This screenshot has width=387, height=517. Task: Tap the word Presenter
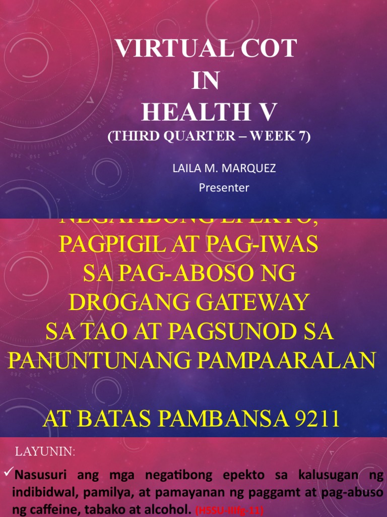pyautogui.click(x=224, y=188)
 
